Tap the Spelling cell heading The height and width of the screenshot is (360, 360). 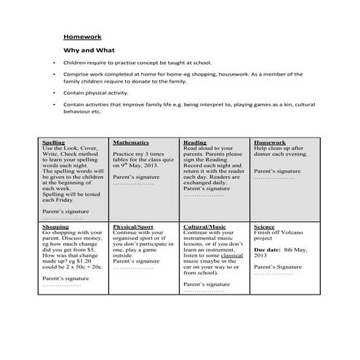pos(55,143)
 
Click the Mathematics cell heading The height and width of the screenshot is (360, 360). pos(131,143)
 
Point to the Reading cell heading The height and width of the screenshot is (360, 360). pos(194,143)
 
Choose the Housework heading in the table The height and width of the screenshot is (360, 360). pos(269,143)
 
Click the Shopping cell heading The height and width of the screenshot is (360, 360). pos(56,227)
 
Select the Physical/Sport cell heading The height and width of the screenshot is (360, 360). pos(132,227)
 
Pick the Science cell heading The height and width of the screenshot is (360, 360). pos(264,227)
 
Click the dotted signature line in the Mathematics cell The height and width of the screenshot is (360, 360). pos(133,183)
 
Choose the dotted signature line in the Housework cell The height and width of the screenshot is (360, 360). pos(274,177)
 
